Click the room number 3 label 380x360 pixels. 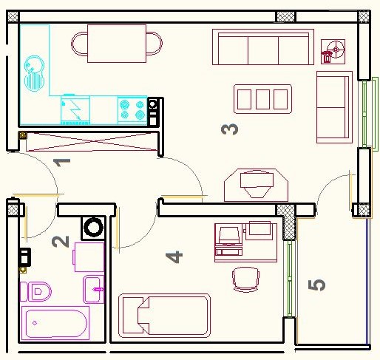tap(230, 129)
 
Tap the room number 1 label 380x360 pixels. tap(62, 163)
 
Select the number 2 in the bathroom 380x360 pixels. tap(61, 242)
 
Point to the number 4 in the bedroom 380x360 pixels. tap(174, 257)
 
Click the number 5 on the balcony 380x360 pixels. tap(316, 285)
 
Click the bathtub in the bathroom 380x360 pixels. tap(55, 323)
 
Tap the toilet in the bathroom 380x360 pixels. tap(35, 292)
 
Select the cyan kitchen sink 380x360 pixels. tap(34, 73)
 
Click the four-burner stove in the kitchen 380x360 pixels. tap(132, 110)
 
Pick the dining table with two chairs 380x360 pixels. tap(117, 44)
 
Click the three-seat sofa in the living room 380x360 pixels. tap(263, 47)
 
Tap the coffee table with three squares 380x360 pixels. tap(262, 99)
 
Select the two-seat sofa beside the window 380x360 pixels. tap(334, 107)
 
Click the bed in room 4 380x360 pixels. tap(164, 316)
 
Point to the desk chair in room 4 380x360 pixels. tap(245, 279)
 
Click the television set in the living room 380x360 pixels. tap(257, 185)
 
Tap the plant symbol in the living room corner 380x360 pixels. tap(333, 52)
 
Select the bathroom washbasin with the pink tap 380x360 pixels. tap(94, 289)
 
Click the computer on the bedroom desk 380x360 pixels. tap(228, 241)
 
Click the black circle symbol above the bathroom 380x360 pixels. tap(93, 228)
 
